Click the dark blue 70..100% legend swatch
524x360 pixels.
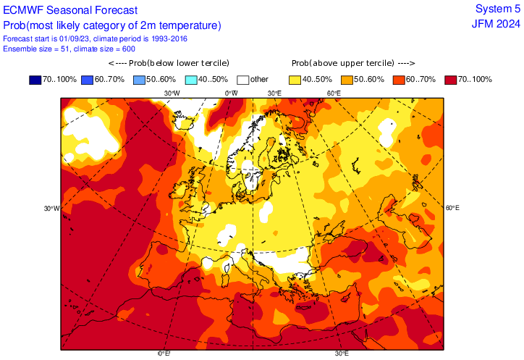pyautogui.click(x=35, y=79)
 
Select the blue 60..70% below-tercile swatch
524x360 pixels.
pyautogui.click(x=87, y=79)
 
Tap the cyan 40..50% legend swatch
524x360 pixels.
pyautogui.click(x=190, y=79)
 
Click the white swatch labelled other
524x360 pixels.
pyautogui.click(x=242, y=79)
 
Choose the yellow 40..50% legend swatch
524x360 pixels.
pyautogui.click(x=295, y=79)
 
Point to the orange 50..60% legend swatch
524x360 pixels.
pyautogui.click(x=347, y=79)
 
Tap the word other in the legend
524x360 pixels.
pyautogui.click(x=259, y=79)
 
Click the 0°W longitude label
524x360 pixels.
pyautogui.click(x=231, y=93)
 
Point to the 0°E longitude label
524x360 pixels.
pyautogui.click(x=164, y=353)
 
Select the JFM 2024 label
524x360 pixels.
pyautogui.click(x=496, y=23)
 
